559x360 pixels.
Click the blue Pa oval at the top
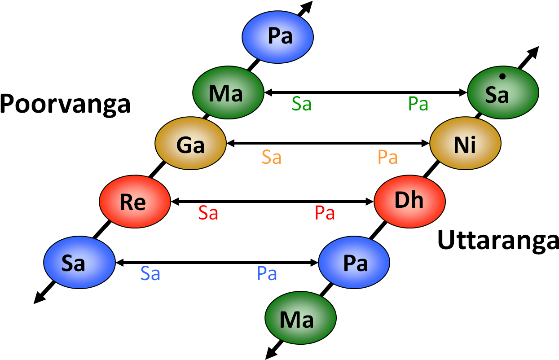[277, 37]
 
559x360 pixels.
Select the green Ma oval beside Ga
[228, 92]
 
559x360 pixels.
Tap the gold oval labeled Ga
[190, 143]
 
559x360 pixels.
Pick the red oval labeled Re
[135, 202]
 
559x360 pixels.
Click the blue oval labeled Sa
[79, 263]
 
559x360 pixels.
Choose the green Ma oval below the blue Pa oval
[300, 318]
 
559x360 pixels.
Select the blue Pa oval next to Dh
[354, 263]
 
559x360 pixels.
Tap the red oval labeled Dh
[409, 202]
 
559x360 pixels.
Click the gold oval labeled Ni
[465, 143]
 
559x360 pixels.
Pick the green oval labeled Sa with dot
[503, 92]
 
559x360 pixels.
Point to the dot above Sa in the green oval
[502, 77]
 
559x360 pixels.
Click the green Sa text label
[302, 104]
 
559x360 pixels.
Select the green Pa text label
[418, 104]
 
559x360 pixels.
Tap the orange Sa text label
[272, 158]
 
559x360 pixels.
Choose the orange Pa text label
[388, 158]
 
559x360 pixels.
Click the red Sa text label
[208, 213]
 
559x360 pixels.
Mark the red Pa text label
[325, 213]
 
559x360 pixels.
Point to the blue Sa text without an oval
[150, 273]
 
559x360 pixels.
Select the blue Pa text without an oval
[267, 273]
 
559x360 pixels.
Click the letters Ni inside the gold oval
[465, 145]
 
